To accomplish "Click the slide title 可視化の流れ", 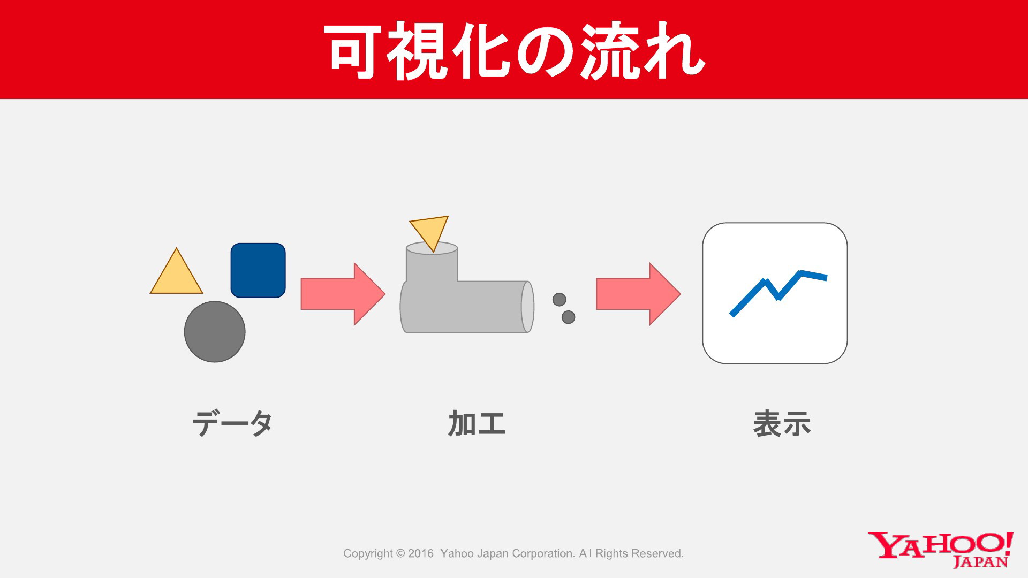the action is [x=514, y=51].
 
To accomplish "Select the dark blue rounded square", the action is [x=258, y=270].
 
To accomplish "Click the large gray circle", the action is [x=215, y=332].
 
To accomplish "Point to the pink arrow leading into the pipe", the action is [x=343, y=294].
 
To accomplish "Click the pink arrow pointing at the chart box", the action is [x=638, y=294].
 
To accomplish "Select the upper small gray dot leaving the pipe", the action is [x=559, y=299].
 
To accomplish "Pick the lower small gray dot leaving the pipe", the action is [x=568, y=317].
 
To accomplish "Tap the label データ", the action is [x=232, y=424].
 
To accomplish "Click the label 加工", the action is [x=477, y=423].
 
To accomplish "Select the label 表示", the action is [x=782, y=424].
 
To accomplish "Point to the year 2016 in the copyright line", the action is [x=421, y=553].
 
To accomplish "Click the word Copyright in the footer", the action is [x=368, y=554].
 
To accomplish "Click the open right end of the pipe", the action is [x=528, y=307].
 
